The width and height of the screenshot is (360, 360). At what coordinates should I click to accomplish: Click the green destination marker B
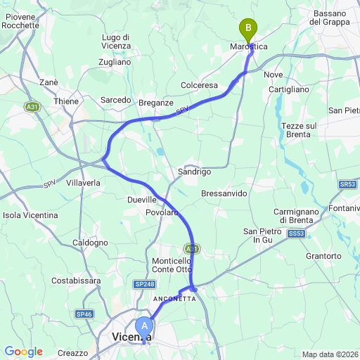click(247, 30)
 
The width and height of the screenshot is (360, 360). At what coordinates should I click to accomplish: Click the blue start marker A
click(145, 326)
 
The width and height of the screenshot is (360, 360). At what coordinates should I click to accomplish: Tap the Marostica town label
click(249, 46)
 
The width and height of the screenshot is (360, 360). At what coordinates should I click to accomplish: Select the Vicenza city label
click(131, 338)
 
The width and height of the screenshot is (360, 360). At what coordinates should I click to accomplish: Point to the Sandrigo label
click(194, 172)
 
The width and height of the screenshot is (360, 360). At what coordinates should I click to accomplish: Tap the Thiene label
click(67, 101)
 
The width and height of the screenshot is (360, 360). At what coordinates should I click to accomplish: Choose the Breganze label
click(155, 102)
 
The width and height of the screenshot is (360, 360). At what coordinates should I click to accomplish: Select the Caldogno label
click(91, 243)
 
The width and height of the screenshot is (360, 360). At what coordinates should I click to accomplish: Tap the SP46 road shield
click(84, 314)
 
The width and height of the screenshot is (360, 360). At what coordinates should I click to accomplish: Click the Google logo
click(23, 352)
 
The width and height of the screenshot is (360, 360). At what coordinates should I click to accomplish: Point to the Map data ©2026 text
click(330, 354)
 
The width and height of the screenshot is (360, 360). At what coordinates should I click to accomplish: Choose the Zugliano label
click(115, 62)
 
